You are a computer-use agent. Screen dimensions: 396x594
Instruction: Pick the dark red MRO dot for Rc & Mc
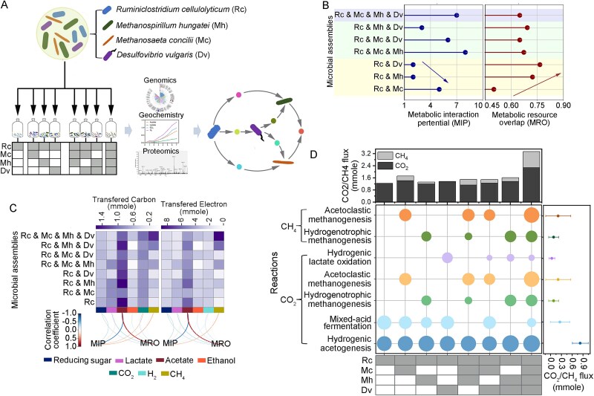(x=493, y=89)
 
